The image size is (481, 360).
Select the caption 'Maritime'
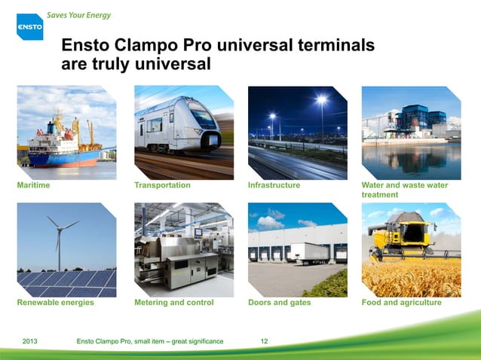tap(34, 185)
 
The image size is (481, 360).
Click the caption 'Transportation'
tap(162, 185)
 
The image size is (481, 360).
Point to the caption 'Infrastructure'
tap(274, 185)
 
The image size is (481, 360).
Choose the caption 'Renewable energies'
tap(55, 302)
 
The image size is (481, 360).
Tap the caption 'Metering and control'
tap(173, 302)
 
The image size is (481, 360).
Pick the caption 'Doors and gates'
tap(279, 302)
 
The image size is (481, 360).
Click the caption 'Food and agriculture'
tap(402, 302)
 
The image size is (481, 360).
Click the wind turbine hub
tap(58, 226)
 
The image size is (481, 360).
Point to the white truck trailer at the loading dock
tap(309, 252)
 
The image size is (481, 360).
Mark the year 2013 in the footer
tap(31, 342)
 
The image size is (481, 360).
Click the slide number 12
tap(264, 342)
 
